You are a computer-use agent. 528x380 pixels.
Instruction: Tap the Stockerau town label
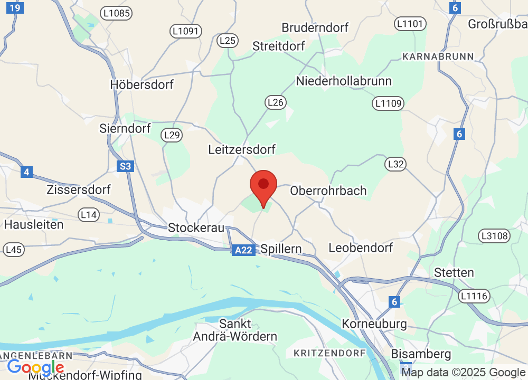point(196,228)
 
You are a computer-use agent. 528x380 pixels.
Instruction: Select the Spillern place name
point(281,249)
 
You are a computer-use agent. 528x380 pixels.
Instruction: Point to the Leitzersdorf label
point(242,150)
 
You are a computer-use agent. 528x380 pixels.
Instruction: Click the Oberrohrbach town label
point(328,191)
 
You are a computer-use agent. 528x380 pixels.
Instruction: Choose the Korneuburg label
point(374,323)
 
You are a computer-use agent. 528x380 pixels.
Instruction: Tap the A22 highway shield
point(243,251)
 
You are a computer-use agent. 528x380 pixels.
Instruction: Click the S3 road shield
point(125,167)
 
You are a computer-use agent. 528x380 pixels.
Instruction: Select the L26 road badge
point(276,102)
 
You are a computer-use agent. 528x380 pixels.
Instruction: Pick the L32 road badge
point(395,164)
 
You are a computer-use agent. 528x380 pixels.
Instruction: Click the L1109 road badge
point(388,103)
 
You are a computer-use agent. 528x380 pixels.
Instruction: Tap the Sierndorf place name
point(125,128)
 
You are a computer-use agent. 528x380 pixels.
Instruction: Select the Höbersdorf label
point(142,84)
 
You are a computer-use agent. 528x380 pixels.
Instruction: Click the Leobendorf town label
point(361,248)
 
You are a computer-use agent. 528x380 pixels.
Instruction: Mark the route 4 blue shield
point(27,172)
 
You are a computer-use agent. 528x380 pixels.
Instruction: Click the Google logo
point(35,367)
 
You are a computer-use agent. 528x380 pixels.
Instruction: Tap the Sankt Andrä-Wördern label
point(235,330)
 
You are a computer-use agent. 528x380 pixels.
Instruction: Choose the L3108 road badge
point(494,235)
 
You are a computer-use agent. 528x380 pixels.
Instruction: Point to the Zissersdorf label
point(79,189)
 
